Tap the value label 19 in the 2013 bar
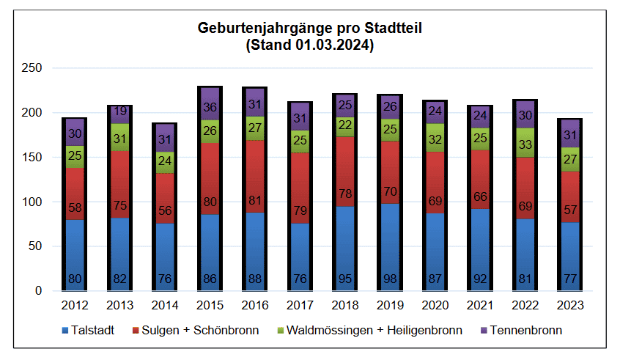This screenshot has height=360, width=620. [x=120, y=112]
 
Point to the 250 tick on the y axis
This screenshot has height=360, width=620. [x=32, y=68]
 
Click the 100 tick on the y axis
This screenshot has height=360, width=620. [x=32, y=202]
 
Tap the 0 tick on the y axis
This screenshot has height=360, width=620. [x=39, y=290]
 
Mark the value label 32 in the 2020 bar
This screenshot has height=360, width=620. [x=435, y=139]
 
